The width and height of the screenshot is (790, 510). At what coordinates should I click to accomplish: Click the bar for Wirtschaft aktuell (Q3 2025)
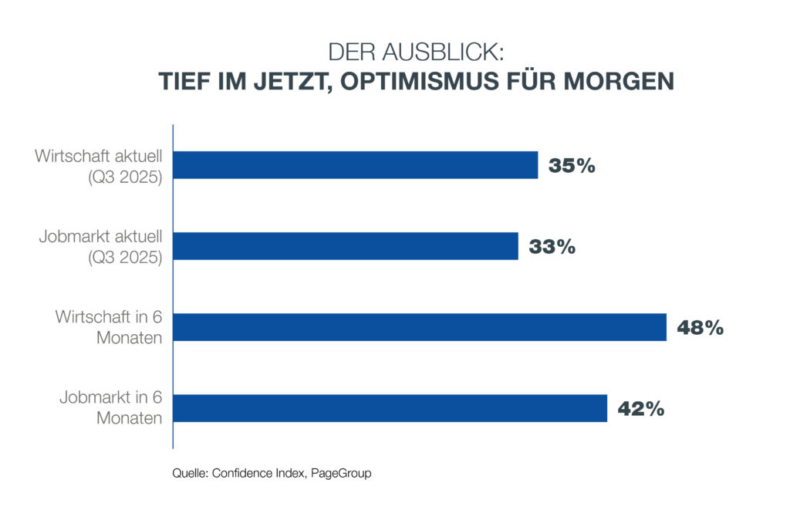pyautogui.click(x=356, y=165)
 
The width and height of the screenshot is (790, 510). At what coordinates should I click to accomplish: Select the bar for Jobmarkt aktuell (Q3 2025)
pyautogui.click(x=346, y=246)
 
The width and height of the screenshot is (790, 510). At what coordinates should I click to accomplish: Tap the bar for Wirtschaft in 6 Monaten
pyautogui.click(x=420, y=327)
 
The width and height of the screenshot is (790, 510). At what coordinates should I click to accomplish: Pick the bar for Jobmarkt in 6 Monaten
pyautogui.click(x=390, y=408)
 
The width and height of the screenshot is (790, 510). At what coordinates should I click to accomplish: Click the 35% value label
pyautogui.click(x=572, y=166)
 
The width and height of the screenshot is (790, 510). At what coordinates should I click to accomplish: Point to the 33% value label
pyautogui.click(x=552, y=247)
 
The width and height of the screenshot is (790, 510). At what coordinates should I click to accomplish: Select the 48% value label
pyautogui.click(x=700, y=328)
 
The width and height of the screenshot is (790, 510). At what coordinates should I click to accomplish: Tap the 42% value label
pyautogui.click(x=640, y=409)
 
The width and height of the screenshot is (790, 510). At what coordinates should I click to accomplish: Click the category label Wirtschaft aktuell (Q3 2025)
pyautogui.click(x=98, y=166)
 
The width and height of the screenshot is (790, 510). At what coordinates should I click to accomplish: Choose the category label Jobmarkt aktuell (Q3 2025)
pyautogui.click(x=100, y=247)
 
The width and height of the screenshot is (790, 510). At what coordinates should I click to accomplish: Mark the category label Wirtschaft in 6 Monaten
pyautogui.click(x=108, y=328)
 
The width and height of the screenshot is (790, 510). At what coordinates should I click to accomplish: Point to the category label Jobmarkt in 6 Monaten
pyautogui.click(x=110, y=409)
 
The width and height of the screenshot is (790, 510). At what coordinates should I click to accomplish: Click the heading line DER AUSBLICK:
pyautogui.click(x=416, y=52)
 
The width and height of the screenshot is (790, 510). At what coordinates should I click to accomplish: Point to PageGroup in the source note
pyautogui.click(x=341, y=474)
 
